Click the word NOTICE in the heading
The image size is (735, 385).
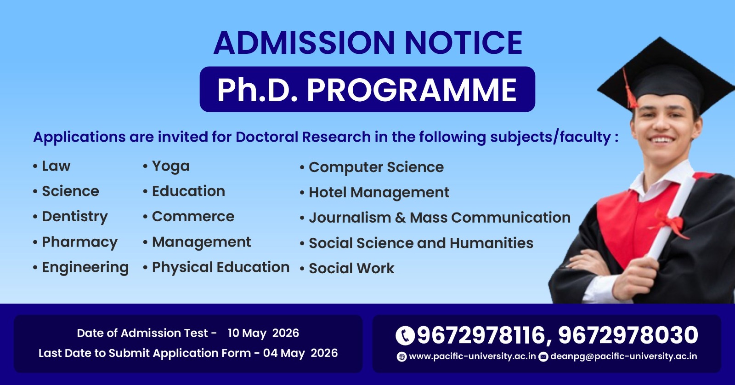click(464, 42)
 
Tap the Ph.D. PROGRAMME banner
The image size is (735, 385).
click(367, 89)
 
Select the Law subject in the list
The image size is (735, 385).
click(56, 166)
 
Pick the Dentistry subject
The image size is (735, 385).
click(75, 217)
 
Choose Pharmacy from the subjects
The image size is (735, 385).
click(80, 242)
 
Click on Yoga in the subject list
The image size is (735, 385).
click(170, 167)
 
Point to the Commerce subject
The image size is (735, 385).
click(193, 217)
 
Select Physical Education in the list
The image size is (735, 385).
click(221, 267)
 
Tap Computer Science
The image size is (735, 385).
click(376, 167)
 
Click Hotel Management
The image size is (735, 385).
click(379, 193)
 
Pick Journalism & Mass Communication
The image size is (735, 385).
click(440, 218)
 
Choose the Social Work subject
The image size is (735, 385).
click(351, 268)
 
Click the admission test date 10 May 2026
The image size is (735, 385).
click(263, 333)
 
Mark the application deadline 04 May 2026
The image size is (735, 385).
click(300, 353)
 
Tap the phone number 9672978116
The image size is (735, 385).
click(481, 335)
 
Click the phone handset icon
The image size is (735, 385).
click(405, 335)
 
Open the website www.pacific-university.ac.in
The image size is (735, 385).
click(472, 356)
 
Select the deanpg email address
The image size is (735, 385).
click(623, 356)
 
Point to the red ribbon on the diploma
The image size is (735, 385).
click(669, 224)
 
